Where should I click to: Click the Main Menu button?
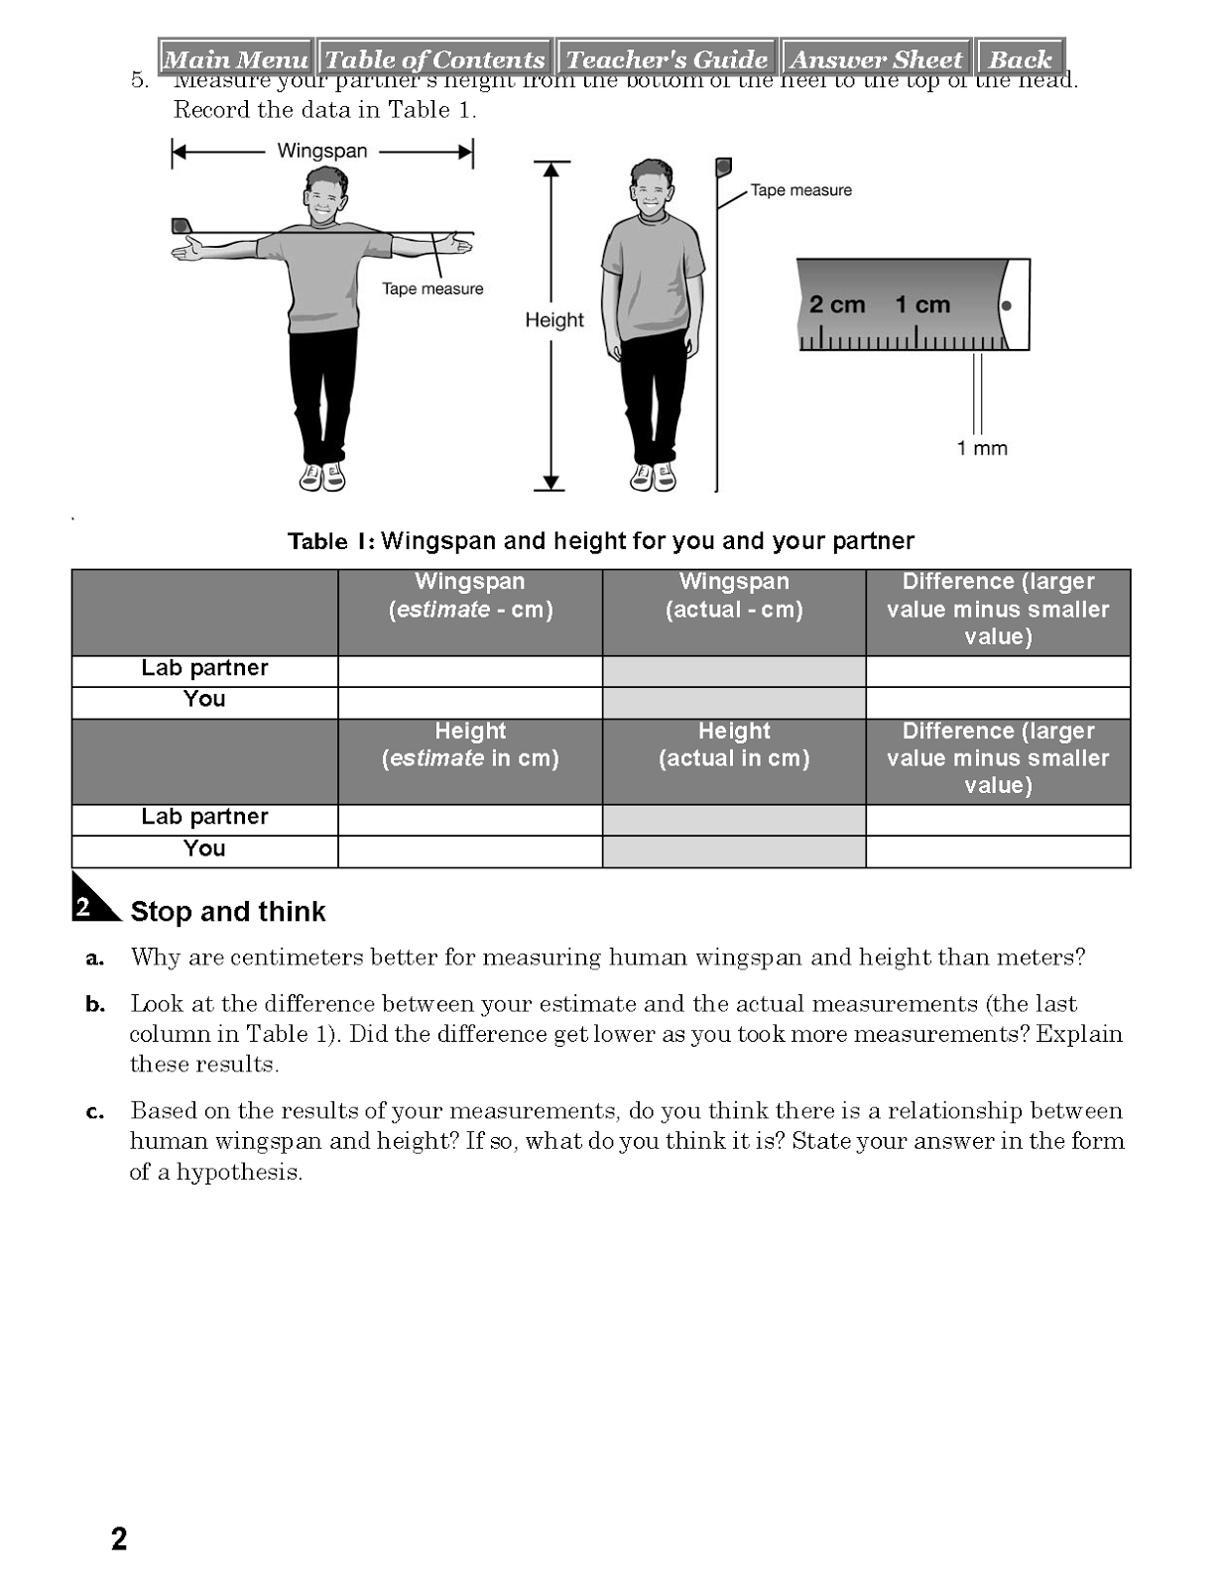tap(235, 59)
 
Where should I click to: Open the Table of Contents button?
tap(434, 59)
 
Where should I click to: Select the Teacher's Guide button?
tap(667, 59)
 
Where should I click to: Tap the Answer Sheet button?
tap(876, 59)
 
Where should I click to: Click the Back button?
tap(1020, 59)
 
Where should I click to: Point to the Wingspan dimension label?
tap(322, 151)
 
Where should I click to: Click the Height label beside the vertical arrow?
tap(554, 320)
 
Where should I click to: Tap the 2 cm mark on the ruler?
tap(836, 304)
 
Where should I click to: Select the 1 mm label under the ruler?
tap(982, 448)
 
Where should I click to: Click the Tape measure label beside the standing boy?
tap(800, 190)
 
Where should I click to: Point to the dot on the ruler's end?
tap(1006, 305)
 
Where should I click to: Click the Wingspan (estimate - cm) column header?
tap(470, 596)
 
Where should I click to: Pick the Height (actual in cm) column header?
tap(734, 745)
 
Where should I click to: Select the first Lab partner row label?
tap(204, 668)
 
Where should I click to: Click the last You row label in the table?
tap(204, 849)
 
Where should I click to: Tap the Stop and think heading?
tap(228, 912)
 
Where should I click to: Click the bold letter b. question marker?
tap(95, 1005)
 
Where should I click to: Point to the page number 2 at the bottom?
tap(119, 1539)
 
